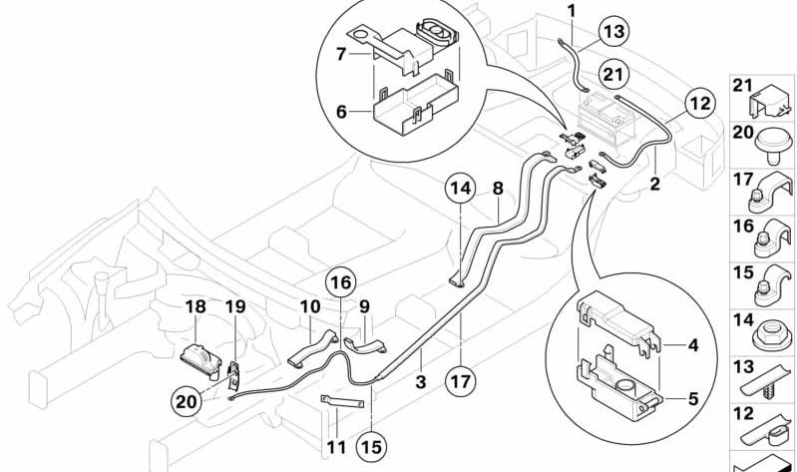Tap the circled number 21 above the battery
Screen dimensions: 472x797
[x=615, y=72]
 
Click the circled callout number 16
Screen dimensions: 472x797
[x=340, y=282]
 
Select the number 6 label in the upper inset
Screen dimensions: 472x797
[x=342, y=112]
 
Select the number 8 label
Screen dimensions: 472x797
[x=496, y=187]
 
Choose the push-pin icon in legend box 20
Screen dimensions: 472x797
[x=772, y=144]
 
